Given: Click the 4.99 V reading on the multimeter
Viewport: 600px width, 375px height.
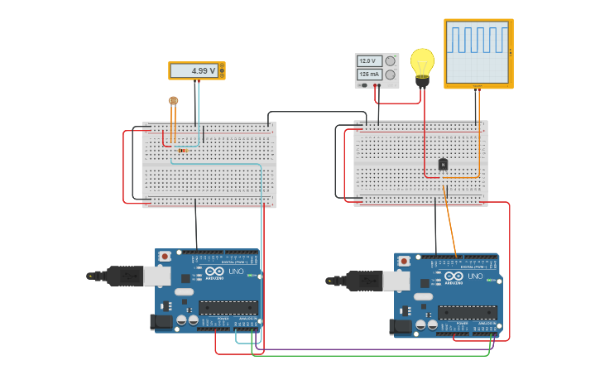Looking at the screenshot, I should pyautogui.click(x=204, y=71).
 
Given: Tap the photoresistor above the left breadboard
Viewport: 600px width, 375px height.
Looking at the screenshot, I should pyautogui.click(x=173, y=101).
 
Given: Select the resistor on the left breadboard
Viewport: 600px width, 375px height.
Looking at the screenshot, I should pyautogui.click(x=182, y=151).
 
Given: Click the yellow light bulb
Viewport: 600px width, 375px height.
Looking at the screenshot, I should pyautogui.click(x=422, y=63).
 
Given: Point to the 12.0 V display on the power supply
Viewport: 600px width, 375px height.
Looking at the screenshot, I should pyautogui.click(x=367, y=61).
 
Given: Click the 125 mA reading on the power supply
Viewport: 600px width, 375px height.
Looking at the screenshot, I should pyautogui.click(x=367, y=75).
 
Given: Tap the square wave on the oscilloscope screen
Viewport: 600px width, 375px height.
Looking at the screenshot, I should pyautogui.click(x=478, y=39).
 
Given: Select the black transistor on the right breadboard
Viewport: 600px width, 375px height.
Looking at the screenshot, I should pyautogui.click(x=444, y=164).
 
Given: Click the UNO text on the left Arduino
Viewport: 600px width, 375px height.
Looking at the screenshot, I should pyautogui.click(x=235, y=272).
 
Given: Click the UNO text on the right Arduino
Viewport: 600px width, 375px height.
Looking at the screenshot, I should pyautogui.click(x=475, y=276).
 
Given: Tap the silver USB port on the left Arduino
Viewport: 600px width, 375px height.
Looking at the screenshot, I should pyautogui.click(x=157, y=276).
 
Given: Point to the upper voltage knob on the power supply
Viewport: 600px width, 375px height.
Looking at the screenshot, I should pyautogui.click(x=390, y=61).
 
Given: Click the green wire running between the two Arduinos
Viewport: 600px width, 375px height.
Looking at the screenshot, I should pyautogui.click(x=372, y=356).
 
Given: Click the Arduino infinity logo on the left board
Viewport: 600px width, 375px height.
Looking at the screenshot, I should pyautogui.click(x=214, y=272).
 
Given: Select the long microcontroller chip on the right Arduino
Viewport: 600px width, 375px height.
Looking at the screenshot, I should pyautogui.click(x=468, y=312).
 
